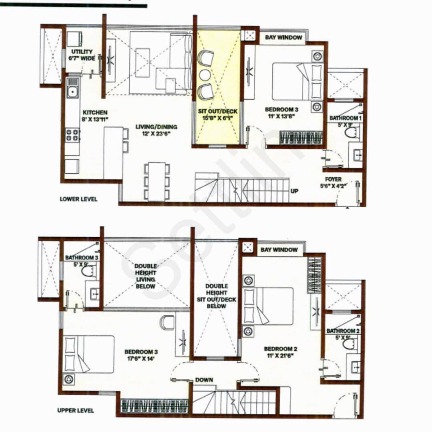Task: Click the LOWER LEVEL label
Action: coord(78,199)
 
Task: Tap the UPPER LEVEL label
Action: coord(76,410)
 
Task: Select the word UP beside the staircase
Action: coord(294,191)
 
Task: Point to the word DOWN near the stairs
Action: coord(204,380)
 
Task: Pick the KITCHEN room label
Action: coord(95,113)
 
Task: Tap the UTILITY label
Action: coord(82,52)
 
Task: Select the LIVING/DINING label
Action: coord(156,127)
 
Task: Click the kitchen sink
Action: coord(73,92)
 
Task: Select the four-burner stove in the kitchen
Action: coord(72,134)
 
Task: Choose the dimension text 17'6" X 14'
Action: coord(141,359)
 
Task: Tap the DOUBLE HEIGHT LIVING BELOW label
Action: coord(146,276)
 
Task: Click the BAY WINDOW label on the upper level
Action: coord(280,250)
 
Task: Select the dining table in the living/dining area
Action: coord(157,181)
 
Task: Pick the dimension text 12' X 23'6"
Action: coord(156,134)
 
